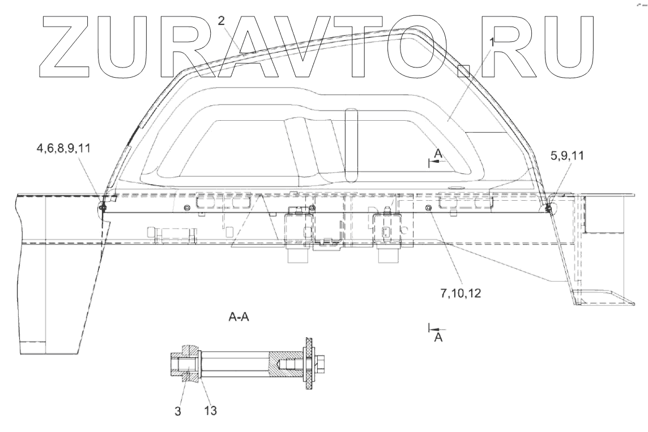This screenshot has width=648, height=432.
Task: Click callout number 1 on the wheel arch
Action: (x=492, y=42)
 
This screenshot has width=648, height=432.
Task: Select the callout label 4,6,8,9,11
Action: (x=62, y=149)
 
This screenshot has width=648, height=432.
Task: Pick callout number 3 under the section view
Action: (x=178, y=412)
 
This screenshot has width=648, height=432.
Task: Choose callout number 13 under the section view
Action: (x=210, y=409)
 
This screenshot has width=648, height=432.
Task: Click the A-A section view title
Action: (x=238, y=319)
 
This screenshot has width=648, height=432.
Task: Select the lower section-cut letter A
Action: (x=437, y=337)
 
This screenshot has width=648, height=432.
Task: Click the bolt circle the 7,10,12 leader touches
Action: (x=429, y=209)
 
